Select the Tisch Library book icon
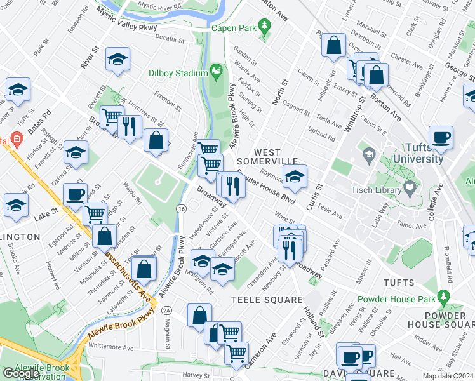(x=410, y=187)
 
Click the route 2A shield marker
(x=166, y=310)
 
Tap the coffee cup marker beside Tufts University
(x=441, y=137)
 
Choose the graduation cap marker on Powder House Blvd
(x=295, y=177)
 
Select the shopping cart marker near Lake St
(x=95, y=214)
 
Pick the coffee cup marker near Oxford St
(x=75, y=194)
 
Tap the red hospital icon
(x=17, y=138)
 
